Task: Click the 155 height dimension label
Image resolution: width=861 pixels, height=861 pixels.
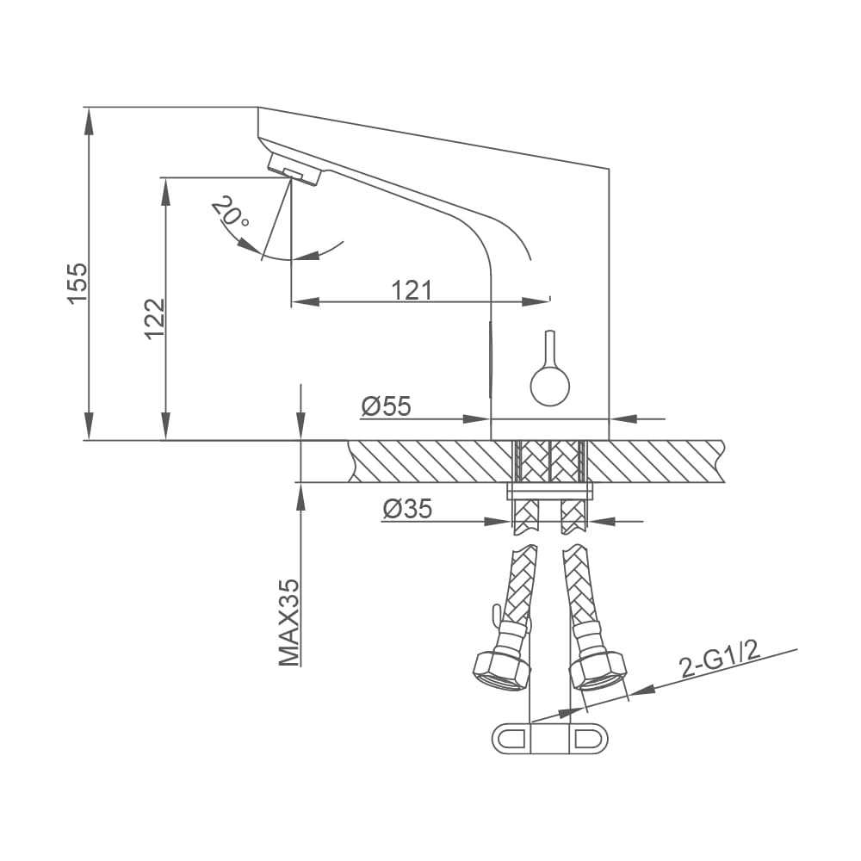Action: [77, 282]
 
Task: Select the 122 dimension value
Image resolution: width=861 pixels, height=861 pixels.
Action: [155, 319]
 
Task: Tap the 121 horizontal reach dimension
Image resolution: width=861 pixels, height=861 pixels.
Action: [412, 290]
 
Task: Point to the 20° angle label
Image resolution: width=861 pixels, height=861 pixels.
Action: [231, 212]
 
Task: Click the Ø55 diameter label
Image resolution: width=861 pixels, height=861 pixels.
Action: [386, 406]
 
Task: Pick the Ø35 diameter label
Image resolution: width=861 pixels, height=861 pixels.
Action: [407, 509]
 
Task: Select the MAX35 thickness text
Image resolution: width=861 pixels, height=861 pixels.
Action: [289, 623]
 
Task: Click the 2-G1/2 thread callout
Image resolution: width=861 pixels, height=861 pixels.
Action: [720, 660]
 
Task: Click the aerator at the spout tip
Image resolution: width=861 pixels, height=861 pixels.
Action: [294, 170]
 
